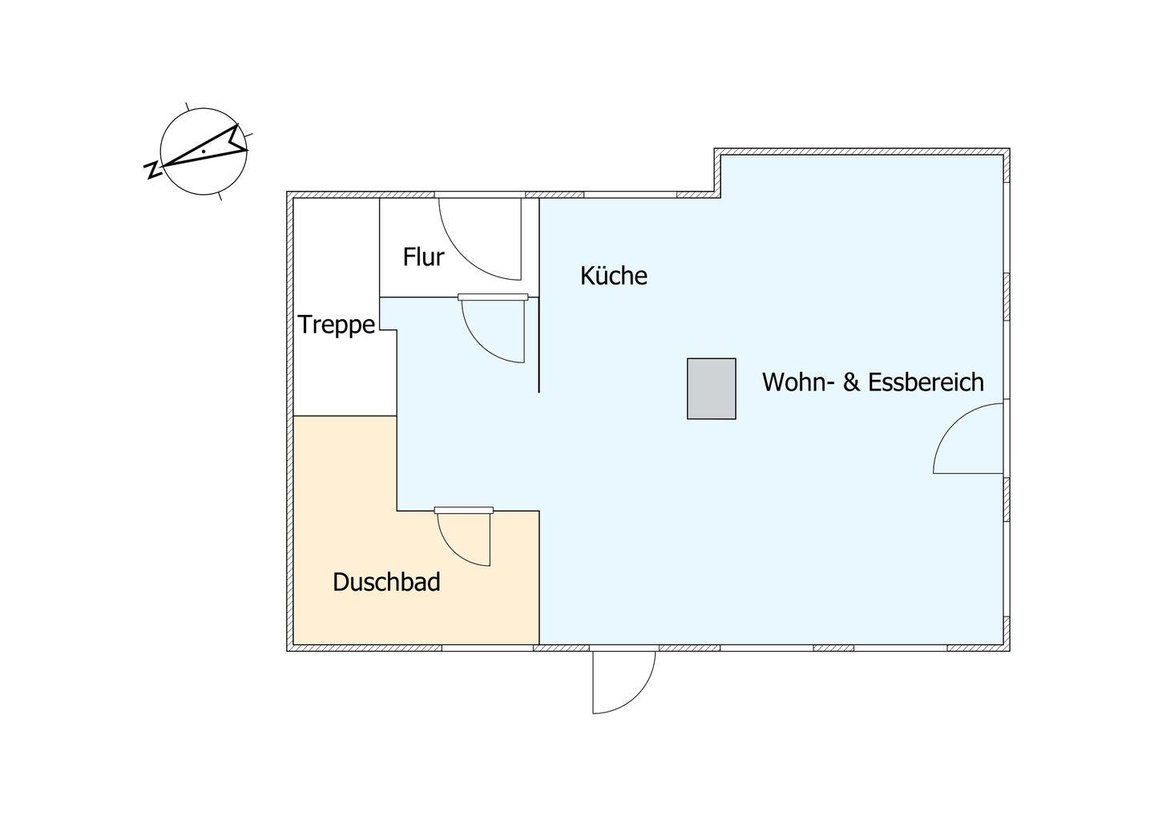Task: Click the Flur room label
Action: coord(423,257)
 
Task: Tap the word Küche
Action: coord(614,276)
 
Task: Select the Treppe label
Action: coord(337,325)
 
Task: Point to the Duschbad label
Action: coord(386,582)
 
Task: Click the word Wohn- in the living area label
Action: coord(797,382)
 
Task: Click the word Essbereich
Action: coord(926,382)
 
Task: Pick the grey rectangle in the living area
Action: coord(711,389)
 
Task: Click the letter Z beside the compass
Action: coord(152,170)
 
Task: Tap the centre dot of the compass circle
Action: coord(204,151)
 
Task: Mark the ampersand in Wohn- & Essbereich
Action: coord(851,382)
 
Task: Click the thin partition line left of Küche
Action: coord(539,296)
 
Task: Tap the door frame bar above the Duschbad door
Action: coord(464,511)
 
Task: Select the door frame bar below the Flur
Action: coord(493,297)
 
